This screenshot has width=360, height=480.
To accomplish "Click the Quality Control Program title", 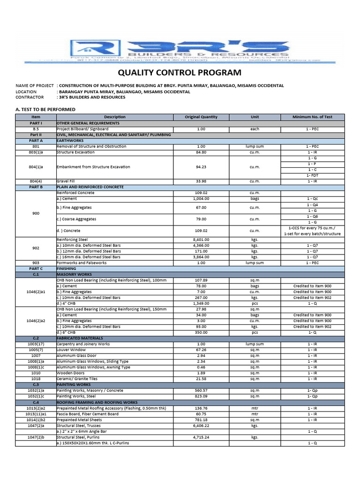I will [180, 73].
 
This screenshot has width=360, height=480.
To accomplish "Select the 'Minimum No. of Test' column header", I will [312, 117].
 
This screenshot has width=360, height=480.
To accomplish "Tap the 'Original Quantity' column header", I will [202, 117].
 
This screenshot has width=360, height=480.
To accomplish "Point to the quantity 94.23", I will [202, 167].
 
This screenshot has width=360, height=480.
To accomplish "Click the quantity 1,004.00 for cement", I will [202, 199].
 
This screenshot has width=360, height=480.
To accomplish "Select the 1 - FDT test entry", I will [312, 175].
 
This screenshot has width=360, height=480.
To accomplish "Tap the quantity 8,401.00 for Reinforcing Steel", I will [202, 240].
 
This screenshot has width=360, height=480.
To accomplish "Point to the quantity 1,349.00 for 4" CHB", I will [202, 303].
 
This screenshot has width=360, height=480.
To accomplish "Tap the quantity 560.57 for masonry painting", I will [202, 390].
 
